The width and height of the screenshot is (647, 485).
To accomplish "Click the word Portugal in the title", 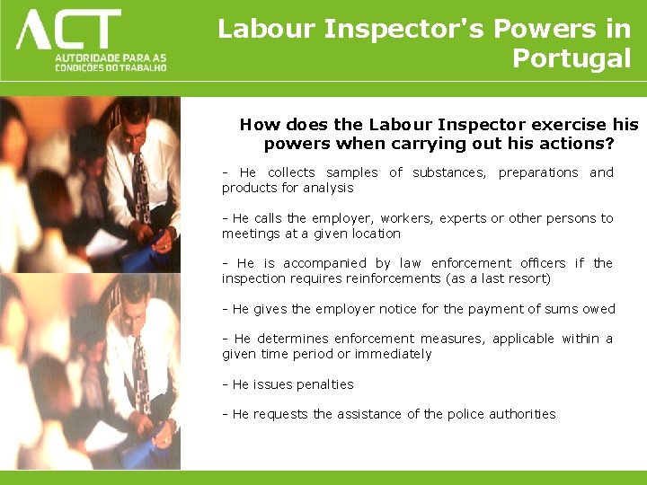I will point(572,58).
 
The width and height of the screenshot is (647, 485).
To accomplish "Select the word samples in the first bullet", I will point(352,172).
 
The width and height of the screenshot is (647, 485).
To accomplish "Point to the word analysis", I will point(328,188).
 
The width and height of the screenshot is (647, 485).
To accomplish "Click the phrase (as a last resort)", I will point(500,278).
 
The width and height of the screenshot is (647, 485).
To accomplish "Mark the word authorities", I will point(522,414).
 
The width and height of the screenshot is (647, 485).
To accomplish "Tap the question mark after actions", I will point(609,144).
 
